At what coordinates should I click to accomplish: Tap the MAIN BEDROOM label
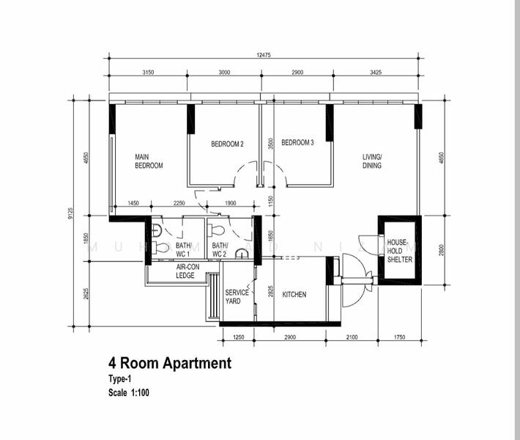149,161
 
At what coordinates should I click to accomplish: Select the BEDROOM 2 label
227,144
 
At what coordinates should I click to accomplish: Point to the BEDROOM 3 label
297,143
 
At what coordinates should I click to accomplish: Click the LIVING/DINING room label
372,161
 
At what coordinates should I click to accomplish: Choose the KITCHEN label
294,295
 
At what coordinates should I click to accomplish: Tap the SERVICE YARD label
237,297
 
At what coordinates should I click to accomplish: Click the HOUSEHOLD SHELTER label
399,251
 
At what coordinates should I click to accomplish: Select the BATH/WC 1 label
183,250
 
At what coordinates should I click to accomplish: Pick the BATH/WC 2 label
220,250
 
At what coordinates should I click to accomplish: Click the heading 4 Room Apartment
169,363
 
